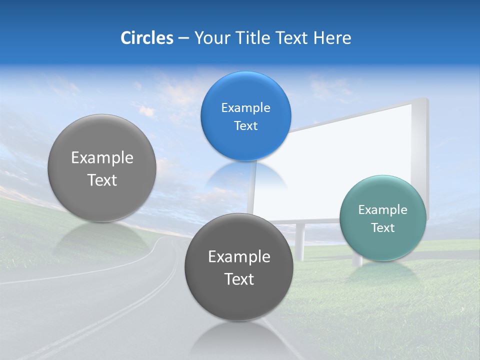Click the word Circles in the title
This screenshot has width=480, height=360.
(x=146, y=38)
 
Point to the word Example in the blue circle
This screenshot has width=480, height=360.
(x=245, y=107)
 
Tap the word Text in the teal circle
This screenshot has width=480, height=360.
(x=382, y=228)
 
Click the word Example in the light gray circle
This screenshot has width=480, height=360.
(x=102, y=158)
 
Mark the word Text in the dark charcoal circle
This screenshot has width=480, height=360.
(x=238, y=279)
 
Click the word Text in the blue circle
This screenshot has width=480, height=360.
(x=245, y=126)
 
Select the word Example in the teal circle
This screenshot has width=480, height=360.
(x=382, y=210)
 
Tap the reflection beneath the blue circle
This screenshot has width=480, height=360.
(x=245, y=175)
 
